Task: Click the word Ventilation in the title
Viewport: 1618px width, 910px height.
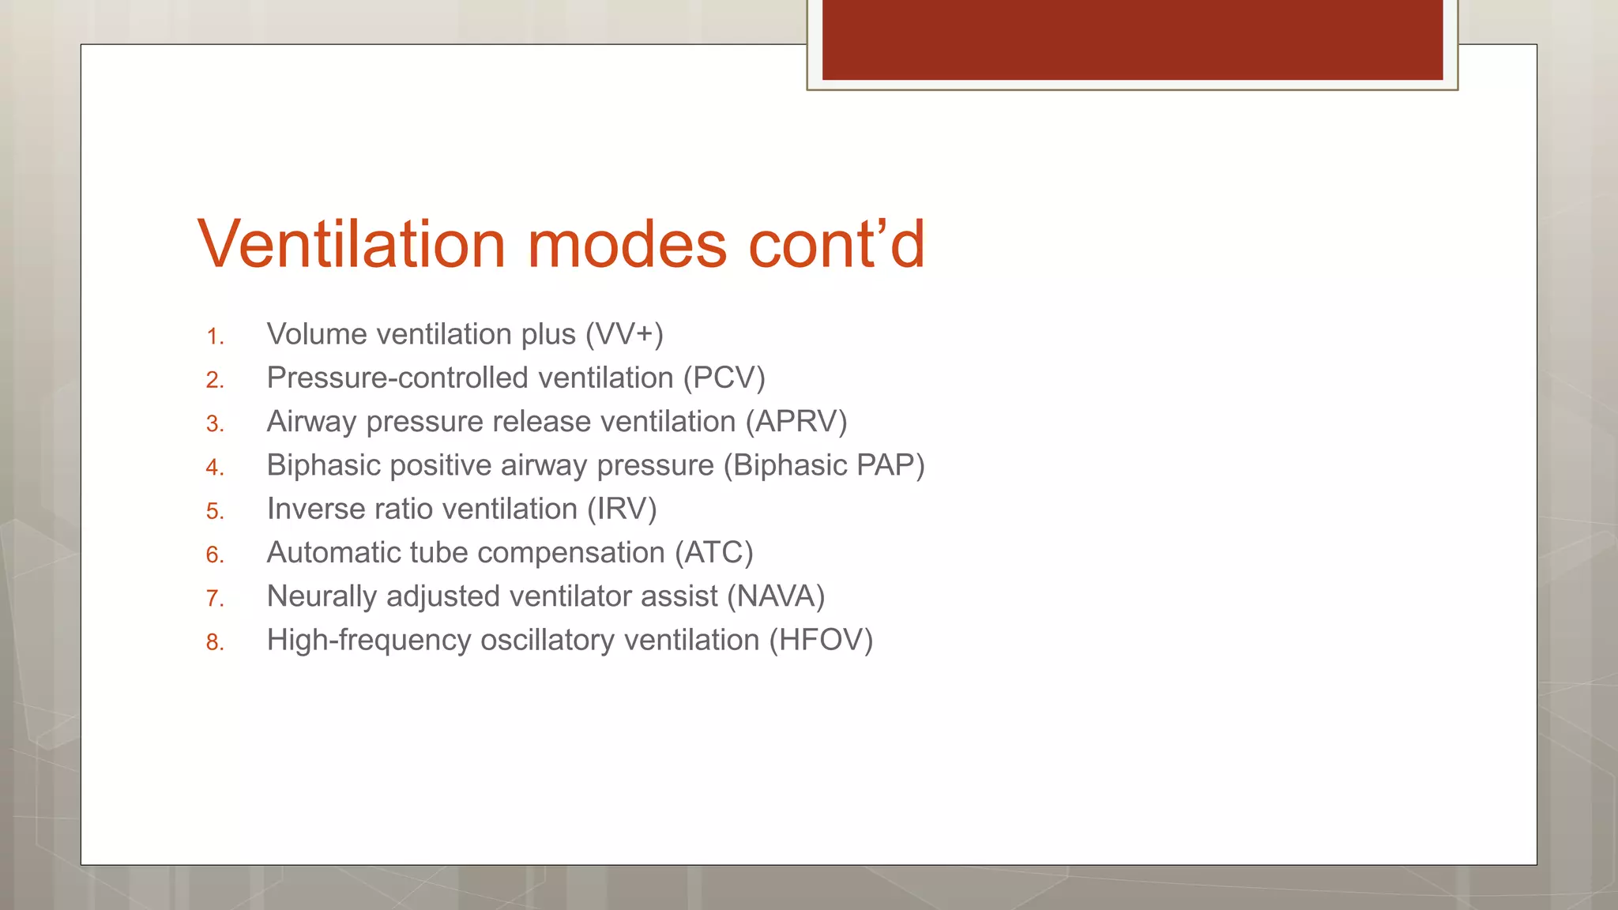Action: tap(352, 244)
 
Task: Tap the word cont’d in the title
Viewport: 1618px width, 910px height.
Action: tap(837, 244)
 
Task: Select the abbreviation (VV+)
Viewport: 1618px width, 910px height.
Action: tap(624, 334)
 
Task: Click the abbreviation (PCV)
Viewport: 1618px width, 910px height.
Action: tap(724, 378)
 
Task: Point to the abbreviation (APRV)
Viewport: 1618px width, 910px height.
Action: tap(796, 422)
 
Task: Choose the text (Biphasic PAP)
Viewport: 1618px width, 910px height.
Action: tap(824, 465)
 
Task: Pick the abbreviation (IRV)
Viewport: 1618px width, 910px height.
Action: tap(622, 509)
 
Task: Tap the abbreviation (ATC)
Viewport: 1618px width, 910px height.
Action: tap(714, 552)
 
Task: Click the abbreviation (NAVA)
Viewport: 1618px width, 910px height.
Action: tap(776, 596)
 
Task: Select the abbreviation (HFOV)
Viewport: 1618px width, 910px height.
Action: tap(822, 640)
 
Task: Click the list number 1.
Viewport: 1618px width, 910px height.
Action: tap(214, 337)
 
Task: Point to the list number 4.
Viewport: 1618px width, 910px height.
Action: tap(214, 468)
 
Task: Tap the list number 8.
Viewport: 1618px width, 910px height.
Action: tap(214, 642)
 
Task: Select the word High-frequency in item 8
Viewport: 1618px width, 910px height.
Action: tap(369, 640)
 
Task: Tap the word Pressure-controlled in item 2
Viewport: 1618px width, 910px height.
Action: tap(397, 378)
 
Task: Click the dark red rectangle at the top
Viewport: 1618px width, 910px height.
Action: tap(1132, 39)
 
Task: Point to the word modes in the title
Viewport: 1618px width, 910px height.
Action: tap(627, 244)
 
